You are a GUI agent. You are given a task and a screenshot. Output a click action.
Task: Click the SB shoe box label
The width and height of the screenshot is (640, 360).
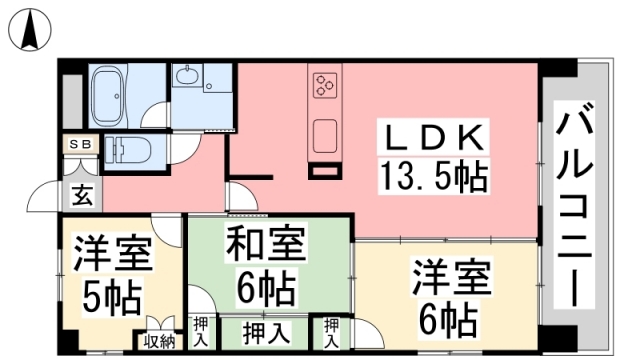tap(80, 143)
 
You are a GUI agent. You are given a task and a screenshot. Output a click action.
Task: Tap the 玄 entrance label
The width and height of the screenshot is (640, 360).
tap(79, 193)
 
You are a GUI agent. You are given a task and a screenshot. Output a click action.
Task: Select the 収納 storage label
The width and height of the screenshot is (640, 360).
tap(159, 341)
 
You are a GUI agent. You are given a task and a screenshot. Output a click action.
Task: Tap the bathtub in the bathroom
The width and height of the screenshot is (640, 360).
tap(117, 95)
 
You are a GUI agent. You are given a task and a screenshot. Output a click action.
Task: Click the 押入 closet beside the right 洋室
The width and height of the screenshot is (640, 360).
tap(330, 331)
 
